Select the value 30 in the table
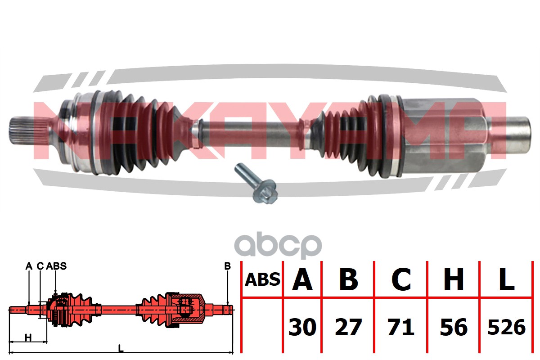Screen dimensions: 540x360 302,327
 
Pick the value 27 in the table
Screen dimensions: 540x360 348,327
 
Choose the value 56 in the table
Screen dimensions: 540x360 453,327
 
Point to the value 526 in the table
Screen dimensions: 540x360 506,327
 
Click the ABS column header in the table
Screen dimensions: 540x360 262,279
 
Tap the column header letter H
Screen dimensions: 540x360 454,279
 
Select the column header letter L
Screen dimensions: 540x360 507,279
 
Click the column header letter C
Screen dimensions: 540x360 401,279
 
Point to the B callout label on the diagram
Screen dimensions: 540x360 227,266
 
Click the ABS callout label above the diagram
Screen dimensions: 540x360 56,266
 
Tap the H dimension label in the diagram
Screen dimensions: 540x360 28,337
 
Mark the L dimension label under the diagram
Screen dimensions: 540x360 120,347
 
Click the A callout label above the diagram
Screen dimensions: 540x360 29,266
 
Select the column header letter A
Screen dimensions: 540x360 302,279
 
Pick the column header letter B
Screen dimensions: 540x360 348,279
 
